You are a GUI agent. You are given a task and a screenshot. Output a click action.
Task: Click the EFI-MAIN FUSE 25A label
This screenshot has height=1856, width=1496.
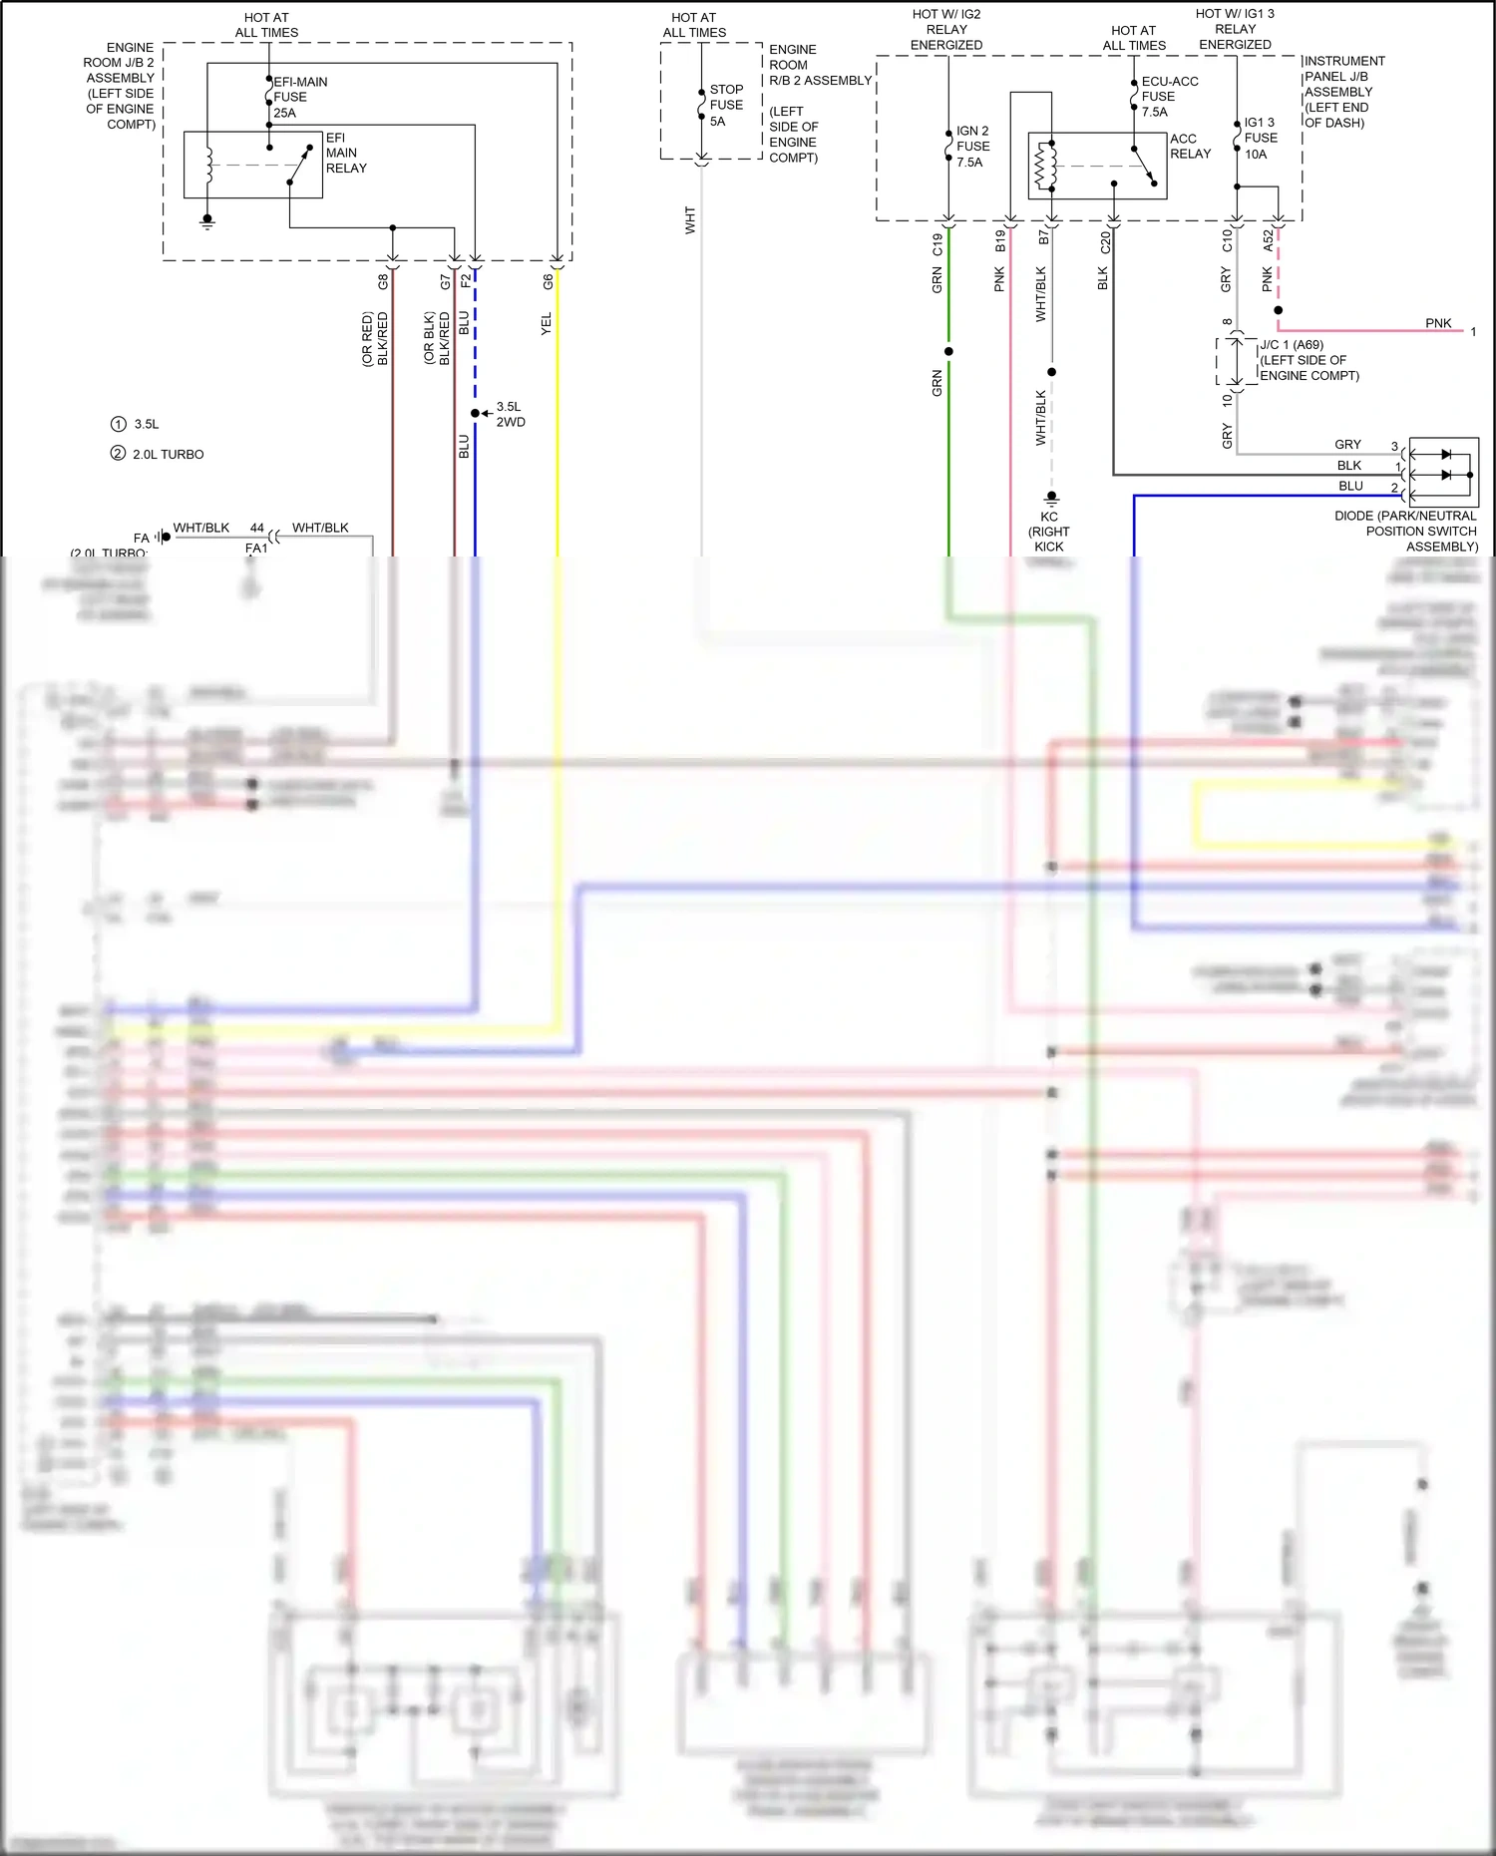(299, 97)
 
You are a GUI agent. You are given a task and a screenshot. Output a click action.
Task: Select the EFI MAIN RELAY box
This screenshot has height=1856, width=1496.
(253, 165)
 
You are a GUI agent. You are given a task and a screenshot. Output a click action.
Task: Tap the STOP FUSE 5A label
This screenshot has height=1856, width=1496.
(725, 105)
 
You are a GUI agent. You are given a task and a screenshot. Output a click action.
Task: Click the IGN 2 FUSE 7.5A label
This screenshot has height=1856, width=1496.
(972, 146)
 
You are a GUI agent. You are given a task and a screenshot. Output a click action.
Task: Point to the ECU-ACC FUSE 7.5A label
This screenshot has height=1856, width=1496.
(1169, 97)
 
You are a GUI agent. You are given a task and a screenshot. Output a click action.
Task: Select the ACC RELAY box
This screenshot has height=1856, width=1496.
(1097, 166)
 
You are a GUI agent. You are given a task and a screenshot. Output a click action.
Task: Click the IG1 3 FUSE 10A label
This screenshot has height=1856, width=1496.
(1260, 138)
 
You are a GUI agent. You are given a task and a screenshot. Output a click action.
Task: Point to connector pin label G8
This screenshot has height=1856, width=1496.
(383, 282)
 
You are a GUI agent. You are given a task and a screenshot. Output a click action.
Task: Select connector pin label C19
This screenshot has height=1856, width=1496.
(937, 244)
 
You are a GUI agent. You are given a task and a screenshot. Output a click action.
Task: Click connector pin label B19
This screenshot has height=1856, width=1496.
(1000, 240)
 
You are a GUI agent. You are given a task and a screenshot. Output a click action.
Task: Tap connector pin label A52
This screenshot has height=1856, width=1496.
(1268, 240)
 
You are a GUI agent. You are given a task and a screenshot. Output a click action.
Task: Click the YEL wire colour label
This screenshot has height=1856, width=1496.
(546, 323)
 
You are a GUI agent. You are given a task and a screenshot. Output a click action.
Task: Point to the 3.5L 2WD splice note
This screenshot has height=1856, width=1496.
(510, 414)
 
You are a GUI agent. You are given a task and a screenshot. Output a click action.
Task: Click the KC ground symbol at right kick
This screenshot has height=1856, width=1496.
(1050, 498)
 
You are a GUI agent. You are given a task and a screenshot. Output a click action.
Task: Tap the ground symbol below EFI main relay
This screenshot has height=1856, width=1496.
(207, 220)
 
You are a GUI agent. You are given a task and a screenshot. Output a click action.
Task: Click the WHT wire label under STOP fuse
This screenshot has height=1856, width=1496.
(689, 220)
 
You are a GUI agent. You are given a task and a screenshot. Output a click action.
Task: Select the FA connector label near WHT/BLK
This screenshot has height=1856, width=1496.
(142, 538)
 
